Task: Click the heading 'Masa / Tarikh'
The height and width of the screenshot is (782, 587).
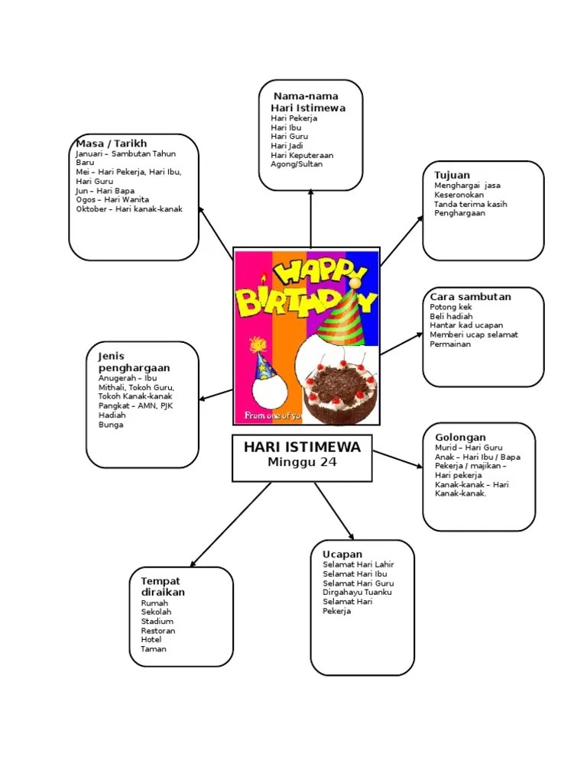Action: coord(111,144)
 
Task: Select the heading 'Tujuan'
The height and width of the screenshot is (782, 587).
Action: coord(452,175)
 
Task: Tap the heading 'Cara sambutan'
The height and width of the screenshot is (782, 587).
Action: coord(470,296)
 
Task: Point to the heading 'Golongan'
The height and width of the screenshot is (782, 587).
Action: coord(460,437)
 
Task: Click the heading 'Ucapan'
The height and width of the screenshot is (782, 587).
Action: coord(342,554)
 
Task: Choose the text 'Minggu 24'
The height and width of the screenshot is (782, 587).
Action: coord(302,462)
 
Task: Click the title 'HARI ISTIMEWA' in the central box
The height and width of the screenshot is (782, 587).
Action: coord(302,447)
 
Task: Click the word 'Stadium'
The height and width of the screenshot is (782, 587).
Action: coord(157,621)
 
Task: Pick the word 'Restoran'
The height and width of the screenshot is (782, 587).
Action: coord(158,631)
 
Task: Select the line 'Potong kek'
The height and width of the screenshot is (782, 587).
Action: coord(451,307)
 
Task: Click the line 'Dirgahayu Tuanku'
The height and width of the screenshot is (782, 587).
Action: coord(358,593)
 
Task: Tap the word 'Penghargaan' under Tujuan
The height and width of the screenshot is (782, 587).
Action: coord(459,213)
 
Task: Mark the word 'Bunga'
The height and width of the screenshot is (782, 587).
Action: coord(111,425)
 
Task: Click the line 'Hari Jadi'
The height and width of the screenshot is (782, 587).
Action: coord(287,146)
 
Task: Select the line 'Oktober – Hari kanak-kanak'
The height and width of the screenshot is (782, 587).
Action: coord(129,208)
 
